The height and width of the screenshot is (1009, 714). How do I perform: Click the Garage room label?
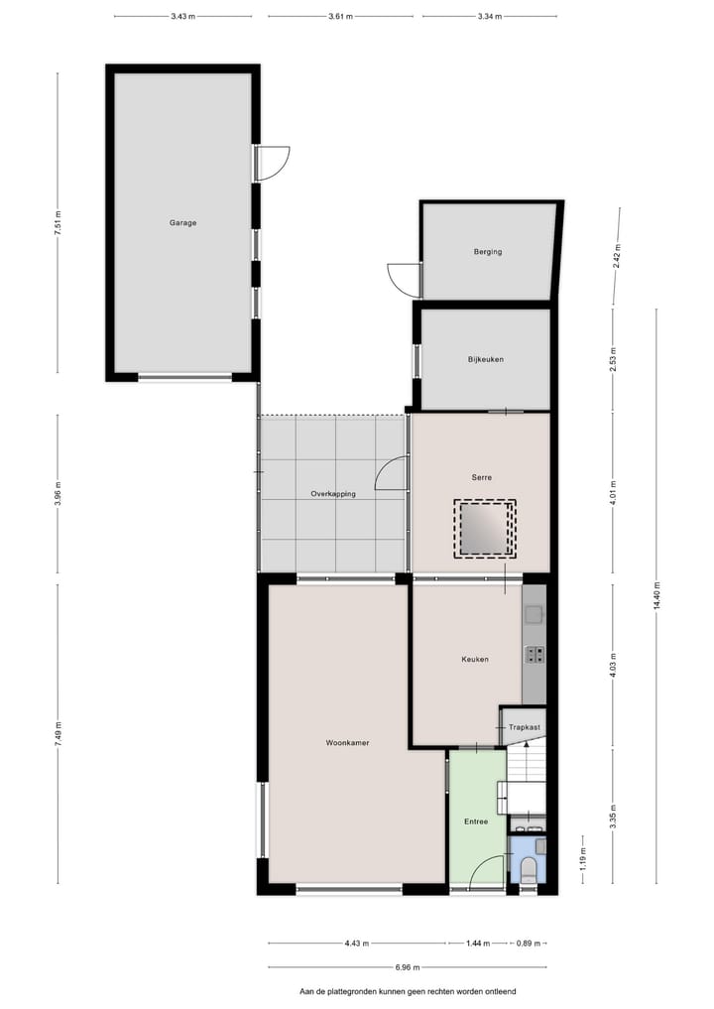pos(182,223)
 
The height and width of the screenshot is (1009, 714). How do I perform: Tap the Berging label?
pos(487,252)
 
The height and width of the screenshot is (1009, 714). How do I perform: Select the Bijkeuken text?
pos(486,359)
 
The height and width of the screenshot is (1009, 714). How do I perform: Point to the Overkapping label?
pos(332,494)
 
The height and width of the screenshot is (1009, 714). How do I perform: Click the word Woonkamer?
pos(347,742)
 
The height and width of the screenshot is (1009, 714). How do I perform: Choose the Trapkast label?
pos(525,727)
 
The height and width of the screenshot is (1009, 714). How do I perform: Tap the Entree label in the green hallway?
pos(476,821)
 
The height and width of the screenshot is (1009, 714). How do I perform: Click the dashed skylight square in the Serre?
pos(485,527)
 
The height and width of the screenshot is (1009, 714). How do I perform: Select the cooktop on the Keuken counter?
pos(535,653)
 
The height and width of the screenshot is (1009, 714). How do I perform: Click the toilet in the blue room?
pos(529,871)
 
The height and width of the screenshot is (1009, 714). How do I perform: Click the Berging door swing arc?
pos(404,279)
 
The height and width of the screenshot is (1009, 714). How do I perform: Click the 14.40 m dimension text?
pos(655,595)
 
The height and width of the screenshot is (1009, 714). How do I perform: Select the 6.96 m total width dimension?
pos(407,967)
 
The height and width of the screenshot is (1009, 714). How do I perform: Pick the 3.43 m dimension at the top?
pos(181,17)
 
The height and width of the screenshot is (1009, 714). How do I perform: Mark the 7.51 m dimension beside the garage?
pos(58,222)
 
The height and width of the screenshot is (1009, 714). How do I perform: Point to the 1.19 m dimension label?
pos(583,857)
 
